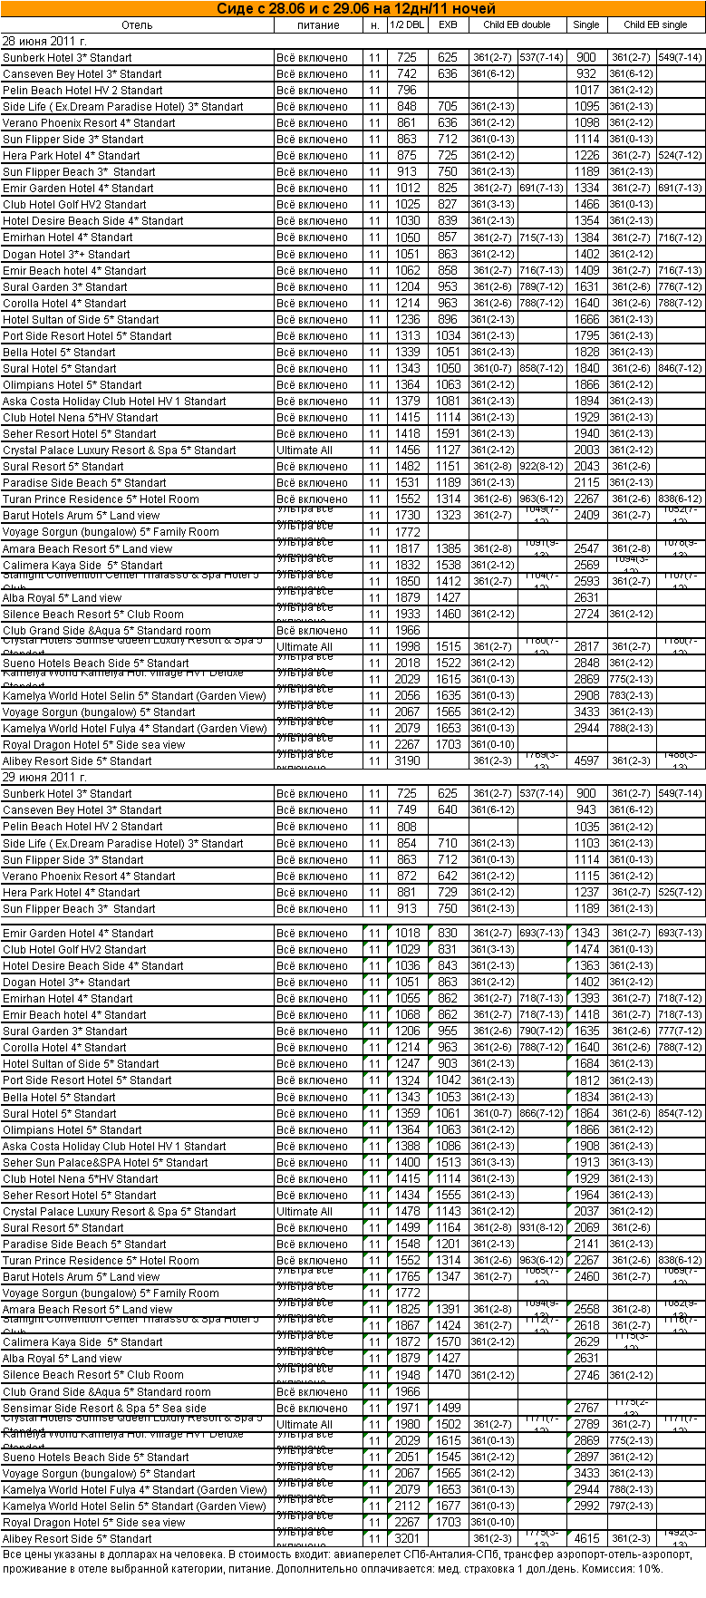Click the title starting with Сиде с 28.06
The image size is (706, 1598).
(x=355, y=9)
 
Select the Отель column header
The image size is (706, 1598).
(x=137, y=25)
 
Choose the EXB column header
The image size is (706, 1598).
(x=448, y=25)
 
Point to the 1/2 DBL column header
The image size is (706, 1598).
(x=407, y=25)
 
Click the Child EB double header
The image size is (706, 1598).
(x=517, y=25)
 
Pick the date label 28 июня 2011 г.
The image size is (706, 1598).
(x=44, y=42)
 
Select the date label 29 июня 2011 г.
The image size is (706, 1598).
(x=44, y=777)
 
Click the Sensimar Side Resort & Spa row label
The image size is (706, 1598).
(x=104, y=1408)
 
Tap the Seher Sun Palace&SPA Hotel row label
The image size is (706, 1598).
(x=105, y=1162)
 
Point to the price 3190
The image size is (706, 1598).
(x=407, y=761)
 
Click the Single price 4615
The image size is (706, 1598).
(x=586, y=1538)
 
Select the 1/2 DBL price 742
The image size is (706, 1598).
(x=407, y=74)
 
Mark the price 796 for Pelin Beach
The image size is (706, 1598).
(x=407, y=91)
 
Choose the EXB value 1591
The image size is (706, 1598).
(x=448, y=434)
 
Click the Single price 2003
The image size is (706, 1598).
(x=586, y=450)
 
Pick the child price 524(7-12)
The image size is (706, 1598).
(x=681, y=156)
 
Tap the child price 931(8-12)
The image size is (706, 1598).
(x=542, y=1227)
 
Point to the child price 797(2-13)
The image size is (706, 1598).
(x=632, y=1506)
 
